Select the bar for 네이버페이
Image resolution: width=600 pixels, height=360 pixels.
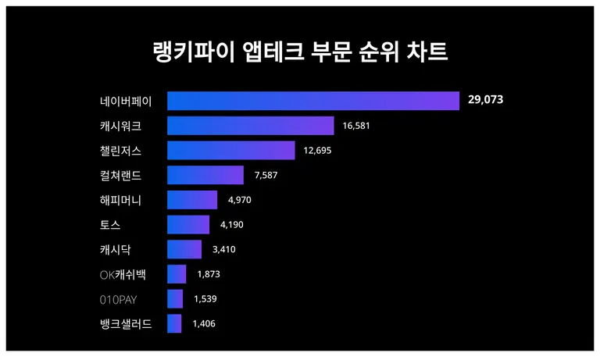coord(312,101)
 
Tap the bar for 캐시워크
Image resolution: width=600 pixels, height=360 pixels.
coord(250,126)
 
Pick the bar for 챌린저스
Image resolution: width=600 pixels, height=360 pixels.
coord(230,151)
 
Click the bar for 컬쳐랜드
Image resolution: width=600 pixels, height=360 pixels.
coord(205,175)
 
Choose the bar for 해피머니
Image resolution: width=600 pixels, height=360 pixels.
coord(192,200)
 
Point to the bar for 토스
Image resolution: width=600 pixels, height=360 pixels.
coord(188,225)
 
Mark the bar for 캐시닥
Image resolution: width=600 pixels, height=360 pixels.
coord(184,250)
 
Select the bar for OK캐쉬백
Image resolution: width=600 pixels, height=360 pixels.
coord(177,274)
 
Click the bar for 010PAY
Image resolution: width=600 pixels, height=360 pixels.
coord(175,299)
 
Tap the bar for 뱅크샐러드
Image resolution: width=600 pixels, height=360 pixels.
coord(174,323)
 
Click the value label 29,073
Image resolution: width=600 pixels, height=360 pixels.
coord(486,101)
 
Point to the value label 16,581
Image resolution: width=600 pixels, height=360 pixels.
coord(355,126)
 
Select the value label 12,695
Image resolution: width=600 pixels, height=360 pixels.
coord(317,151)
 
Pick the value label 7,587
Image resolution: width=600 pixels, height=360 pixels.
coord(266,175)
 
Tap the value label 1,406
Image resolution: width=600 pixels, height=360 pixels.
coord(205,323)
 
